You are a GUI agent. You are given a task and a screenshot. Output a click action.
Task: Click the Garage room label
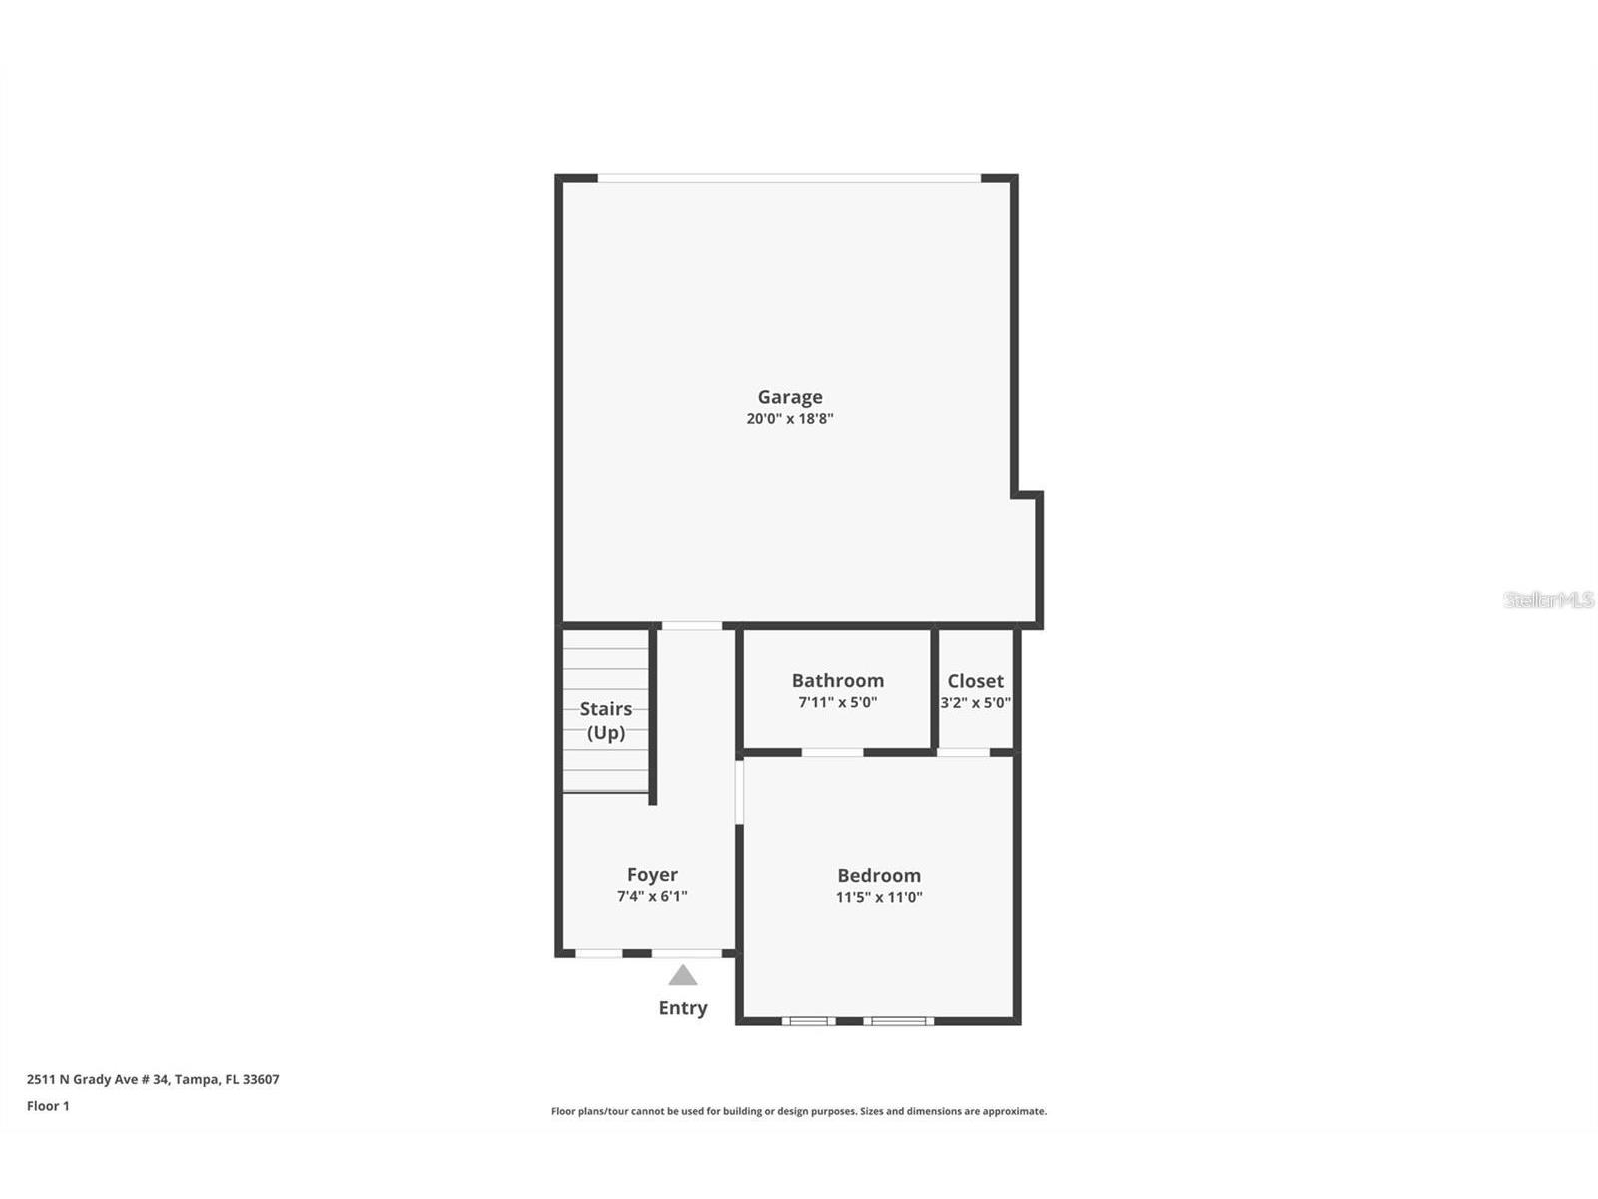tap(789, 397)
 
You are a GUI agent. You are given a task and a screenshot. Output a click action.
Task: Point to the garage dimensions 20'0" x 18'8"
tap(789, 419)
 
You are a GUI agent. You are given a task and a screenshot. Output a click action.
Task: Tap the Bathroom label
tap(837, 680)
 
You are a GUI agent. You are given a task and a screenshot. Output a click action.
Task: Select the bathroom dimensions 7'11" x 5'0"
tap(837, 702)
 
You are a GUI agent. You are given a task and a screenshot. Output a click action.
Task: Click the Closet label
tap(975, 680)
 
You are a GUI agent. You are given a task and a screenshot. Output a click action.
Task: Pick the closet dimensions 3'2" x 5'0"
tap(975, 702)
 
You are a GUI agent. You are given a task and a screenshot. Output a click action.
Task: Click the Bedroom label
tap(879, 875)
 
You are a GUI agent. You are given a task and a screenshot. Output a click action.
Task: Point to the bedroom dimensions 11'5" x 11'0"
tap(879, 897)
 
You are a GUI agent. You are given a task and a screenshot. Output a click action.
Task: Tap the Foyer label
tap(652, 875)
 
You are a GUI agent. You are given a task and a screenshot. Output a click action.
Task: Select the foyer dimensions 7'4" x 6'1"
tap(652, 896)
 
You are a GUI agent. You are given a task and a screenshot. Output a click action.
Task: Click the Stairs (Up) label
tap(606, 720)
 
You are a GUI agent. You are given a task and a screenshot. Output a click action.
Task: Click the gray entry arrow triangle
tap(683, 976)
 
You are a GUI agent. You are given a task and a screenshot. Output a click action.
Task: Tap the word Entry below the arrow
tap(683, 1008)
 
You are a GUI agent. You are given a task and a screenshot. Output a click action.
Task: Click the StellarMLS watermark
tap(1548, 599)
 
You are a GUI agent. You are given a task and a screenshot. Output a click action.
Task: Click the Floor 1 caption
tap(48, 1106)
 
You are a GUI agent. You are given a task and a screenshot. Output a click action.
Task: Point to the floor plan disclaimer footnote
tap(799, 1111)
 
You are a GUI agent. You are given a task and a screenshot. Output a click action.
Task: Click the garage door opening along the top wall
tap(789, 178)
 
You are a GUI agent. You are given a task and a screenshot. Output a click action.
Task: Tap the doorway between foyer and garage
tap(692, 626)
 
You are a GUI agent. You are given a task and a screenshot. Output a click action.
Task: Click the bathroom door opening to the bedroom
tap(833, 752)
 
